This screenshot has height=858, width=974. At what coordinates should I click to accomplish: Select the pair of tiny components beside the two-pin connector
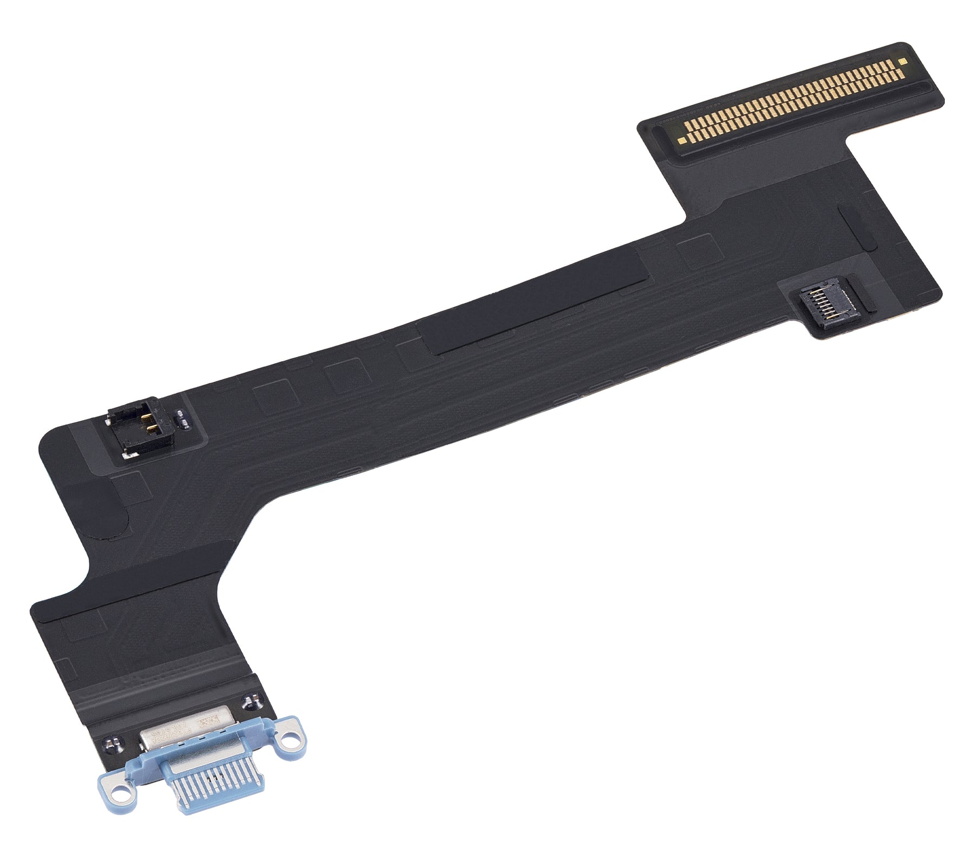182,417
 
